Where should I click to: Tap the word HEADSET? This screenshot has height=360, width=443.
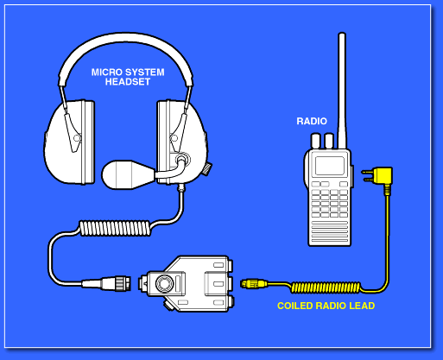pos(128,82)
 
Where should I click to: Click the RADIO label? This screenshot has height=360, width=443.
pos(312,121)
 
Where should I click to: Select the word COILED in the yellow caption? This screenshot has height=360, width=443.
pos(295,306)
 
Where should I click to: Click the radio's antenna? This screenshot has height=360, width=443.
pos(342,91)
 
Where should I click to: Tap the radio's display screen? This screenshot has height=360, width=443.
pos(330,166)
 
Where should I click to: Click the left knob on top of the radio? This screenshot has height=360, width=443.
pos(316,141)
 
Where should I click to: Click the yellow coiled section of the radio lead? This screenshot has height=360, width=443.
pos(326,287)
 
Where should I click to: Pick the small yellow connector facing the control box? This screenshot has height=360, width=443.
pos(254,284)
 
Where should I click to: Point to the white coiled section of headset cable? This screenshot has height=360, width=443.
pos(115,228)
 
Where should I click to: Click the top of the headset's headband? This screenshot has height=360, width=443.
pos(125,36)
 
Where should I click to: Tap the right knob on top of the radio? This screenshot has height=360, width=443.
pos(329,141)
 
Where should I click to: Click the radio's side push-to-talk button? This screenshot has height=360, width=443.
pos(352,176)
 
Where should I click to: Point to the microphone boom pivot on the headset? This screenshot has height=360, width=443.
pos(182,159)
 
